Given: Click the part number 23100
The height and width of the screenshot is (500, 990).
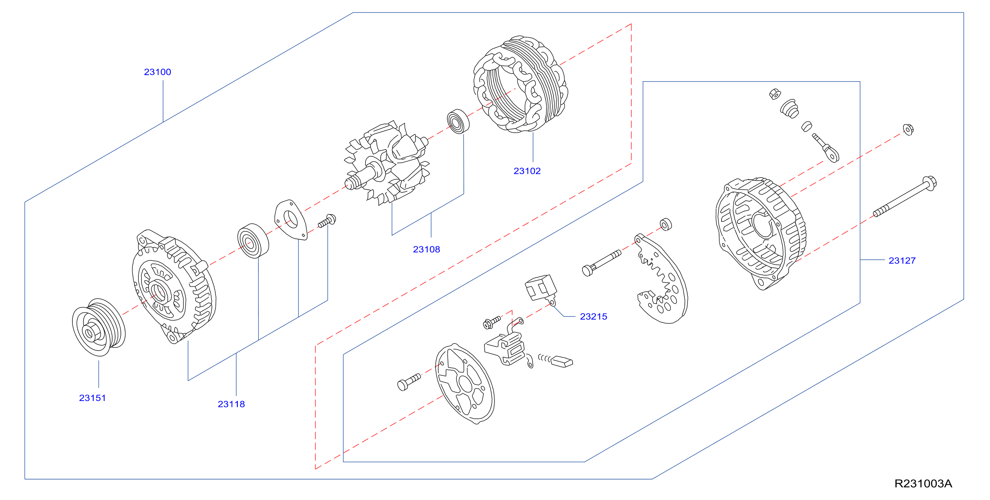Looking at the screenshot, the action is point(158,72).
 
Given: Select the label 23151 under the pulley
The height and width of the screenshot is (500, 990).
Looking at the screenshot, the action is point(92,398).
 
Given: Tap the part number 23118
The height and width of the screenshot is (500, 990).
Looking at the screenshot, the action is point(231,404).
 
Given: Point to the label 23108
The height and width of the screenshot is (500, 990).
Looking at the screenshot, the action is point(426,249).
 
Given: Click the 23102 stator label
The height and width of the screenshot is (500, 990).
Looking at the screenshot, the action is point(527,171).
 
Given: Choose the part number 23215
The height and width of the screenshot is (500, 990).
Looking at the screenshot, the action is point(594,316).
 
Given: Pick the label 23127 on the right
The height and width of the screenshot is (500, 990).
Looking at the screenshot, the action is point(902,260).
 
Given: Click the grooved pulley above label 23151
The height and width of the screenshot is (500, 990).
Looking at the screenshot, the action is point(99,327).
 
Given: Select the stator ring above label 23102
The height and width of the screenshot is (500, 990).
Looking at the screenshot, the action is point(520,84).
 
